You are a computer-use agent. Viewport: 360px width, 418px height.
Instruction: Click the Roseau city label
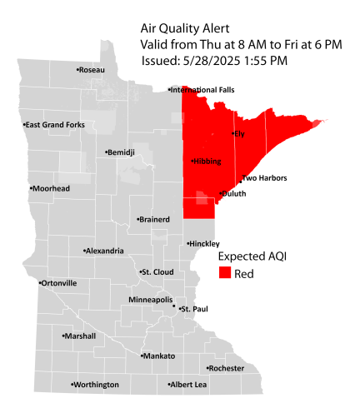92,70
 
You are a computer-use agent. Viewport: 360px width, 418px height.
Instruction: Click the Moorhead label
52,189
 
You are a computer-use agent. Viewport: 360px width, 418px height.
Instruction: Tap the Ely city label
239,133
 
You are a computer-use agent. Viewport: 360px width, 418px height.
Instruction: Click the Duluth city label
234,193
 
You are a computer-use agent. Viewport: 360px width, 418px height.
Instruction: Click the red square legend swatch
225,273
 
